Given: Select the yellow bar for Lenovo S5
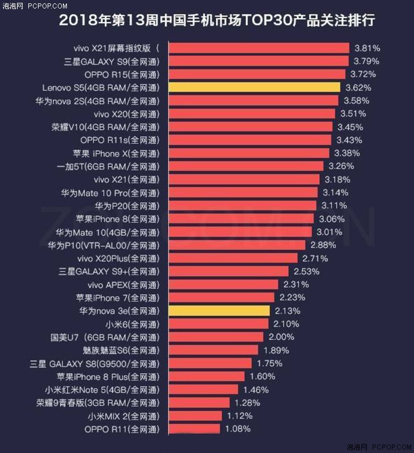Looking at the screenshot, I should [254, 87].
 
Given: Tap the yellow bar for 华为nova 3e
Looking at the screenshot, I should [218, 311].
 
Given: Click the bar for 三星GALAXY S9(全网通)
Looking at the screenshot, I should [258, 61].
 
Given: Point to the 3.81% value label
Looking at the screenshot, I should [367, 48].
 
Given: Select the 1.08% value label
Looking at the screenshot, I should [238, 429].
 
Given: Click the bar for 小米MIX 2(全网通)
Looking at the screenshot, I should [195, 416].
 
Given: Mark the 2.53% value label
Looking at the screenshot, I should [306, 272].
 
